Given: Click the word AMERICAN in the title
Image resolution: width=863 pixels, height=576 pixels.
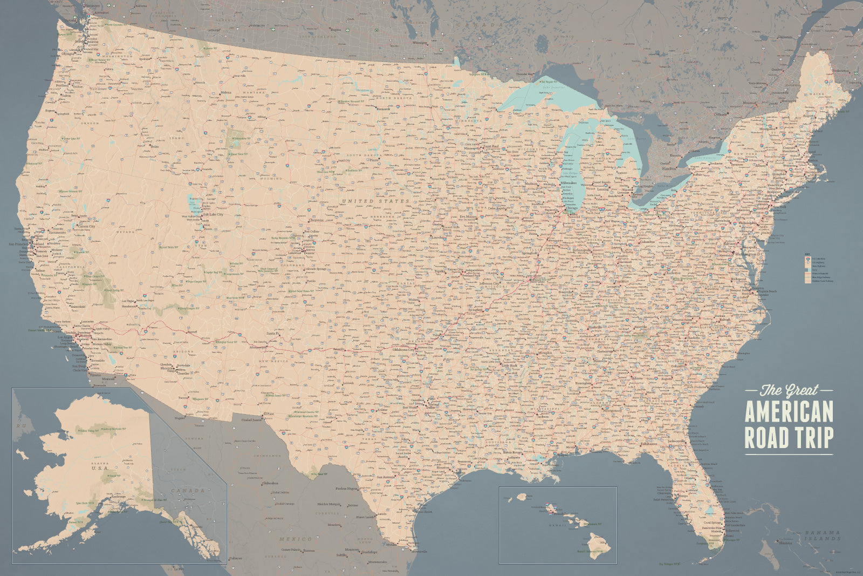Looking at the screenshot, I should pos(789,411).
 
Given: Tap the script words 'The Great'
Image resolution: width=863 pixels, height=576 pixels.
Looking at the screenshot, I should pos(789,390).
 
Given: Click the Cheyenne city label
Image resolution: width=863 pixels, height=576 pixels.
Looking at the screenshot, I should pos(317,220).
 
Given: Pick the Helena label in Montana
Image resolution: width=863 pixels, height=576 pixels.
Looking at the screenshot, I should pos(226,92).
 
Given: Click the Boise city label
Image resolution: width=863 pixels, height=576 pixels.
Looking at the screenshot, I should pos(155,146).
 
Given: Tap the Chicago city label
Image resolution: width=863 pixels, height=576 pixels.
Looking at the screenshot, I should pos(572,208).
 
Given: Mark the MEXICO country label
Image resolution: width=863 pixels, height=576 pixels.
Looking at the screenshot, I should pos(296,539).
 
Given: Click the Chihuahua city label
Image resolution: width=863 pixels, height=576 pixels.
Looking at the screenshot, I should pos(270,483).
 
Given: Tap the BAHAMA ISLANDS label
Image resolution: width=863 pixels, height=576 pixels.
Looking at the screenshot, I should pos(822,535).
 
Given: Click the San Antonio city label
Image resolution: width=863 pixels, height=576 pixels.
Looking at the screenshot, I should pos(386,477).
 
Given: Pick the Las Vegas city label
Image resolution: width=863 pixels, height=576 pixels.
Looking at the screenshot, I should pos(128,301).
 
